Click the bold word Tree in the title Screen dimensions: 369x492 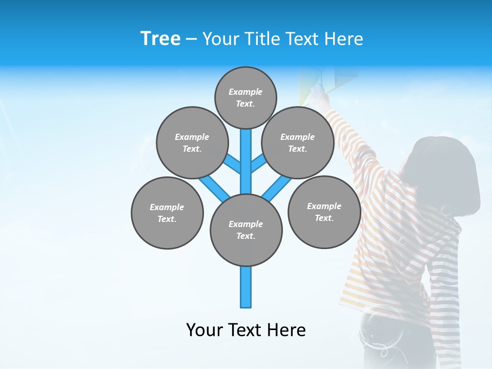point(160,39)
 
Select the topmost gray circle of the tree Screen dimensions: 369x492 point(245,97)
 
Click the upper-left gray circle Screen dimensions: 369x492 point(192,142)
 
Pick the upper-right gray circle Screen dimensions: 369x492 point(298,142)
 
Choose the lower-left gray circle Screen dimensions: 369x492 point(167,213)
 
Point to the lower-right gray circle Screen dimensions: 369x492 point(324,212)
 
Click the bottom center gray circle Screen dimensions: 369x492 point(246,230)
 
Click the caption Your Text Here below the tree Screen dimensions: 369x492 point(246,330)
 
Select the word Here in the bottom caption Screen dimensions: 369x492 point(286,330)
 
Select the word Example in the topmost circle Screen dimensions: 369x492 point(245,92)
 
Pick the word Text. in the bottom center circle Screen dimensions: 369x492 point(246,236)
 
